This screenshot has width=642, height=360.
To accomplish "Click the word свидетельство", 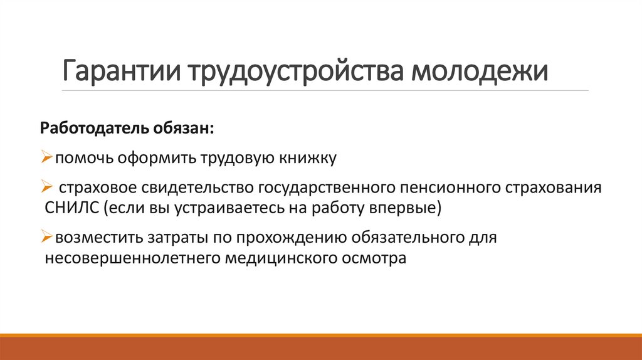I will point(197,187).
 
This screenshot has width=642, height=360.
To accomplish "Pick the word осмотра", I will point(375,258).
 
